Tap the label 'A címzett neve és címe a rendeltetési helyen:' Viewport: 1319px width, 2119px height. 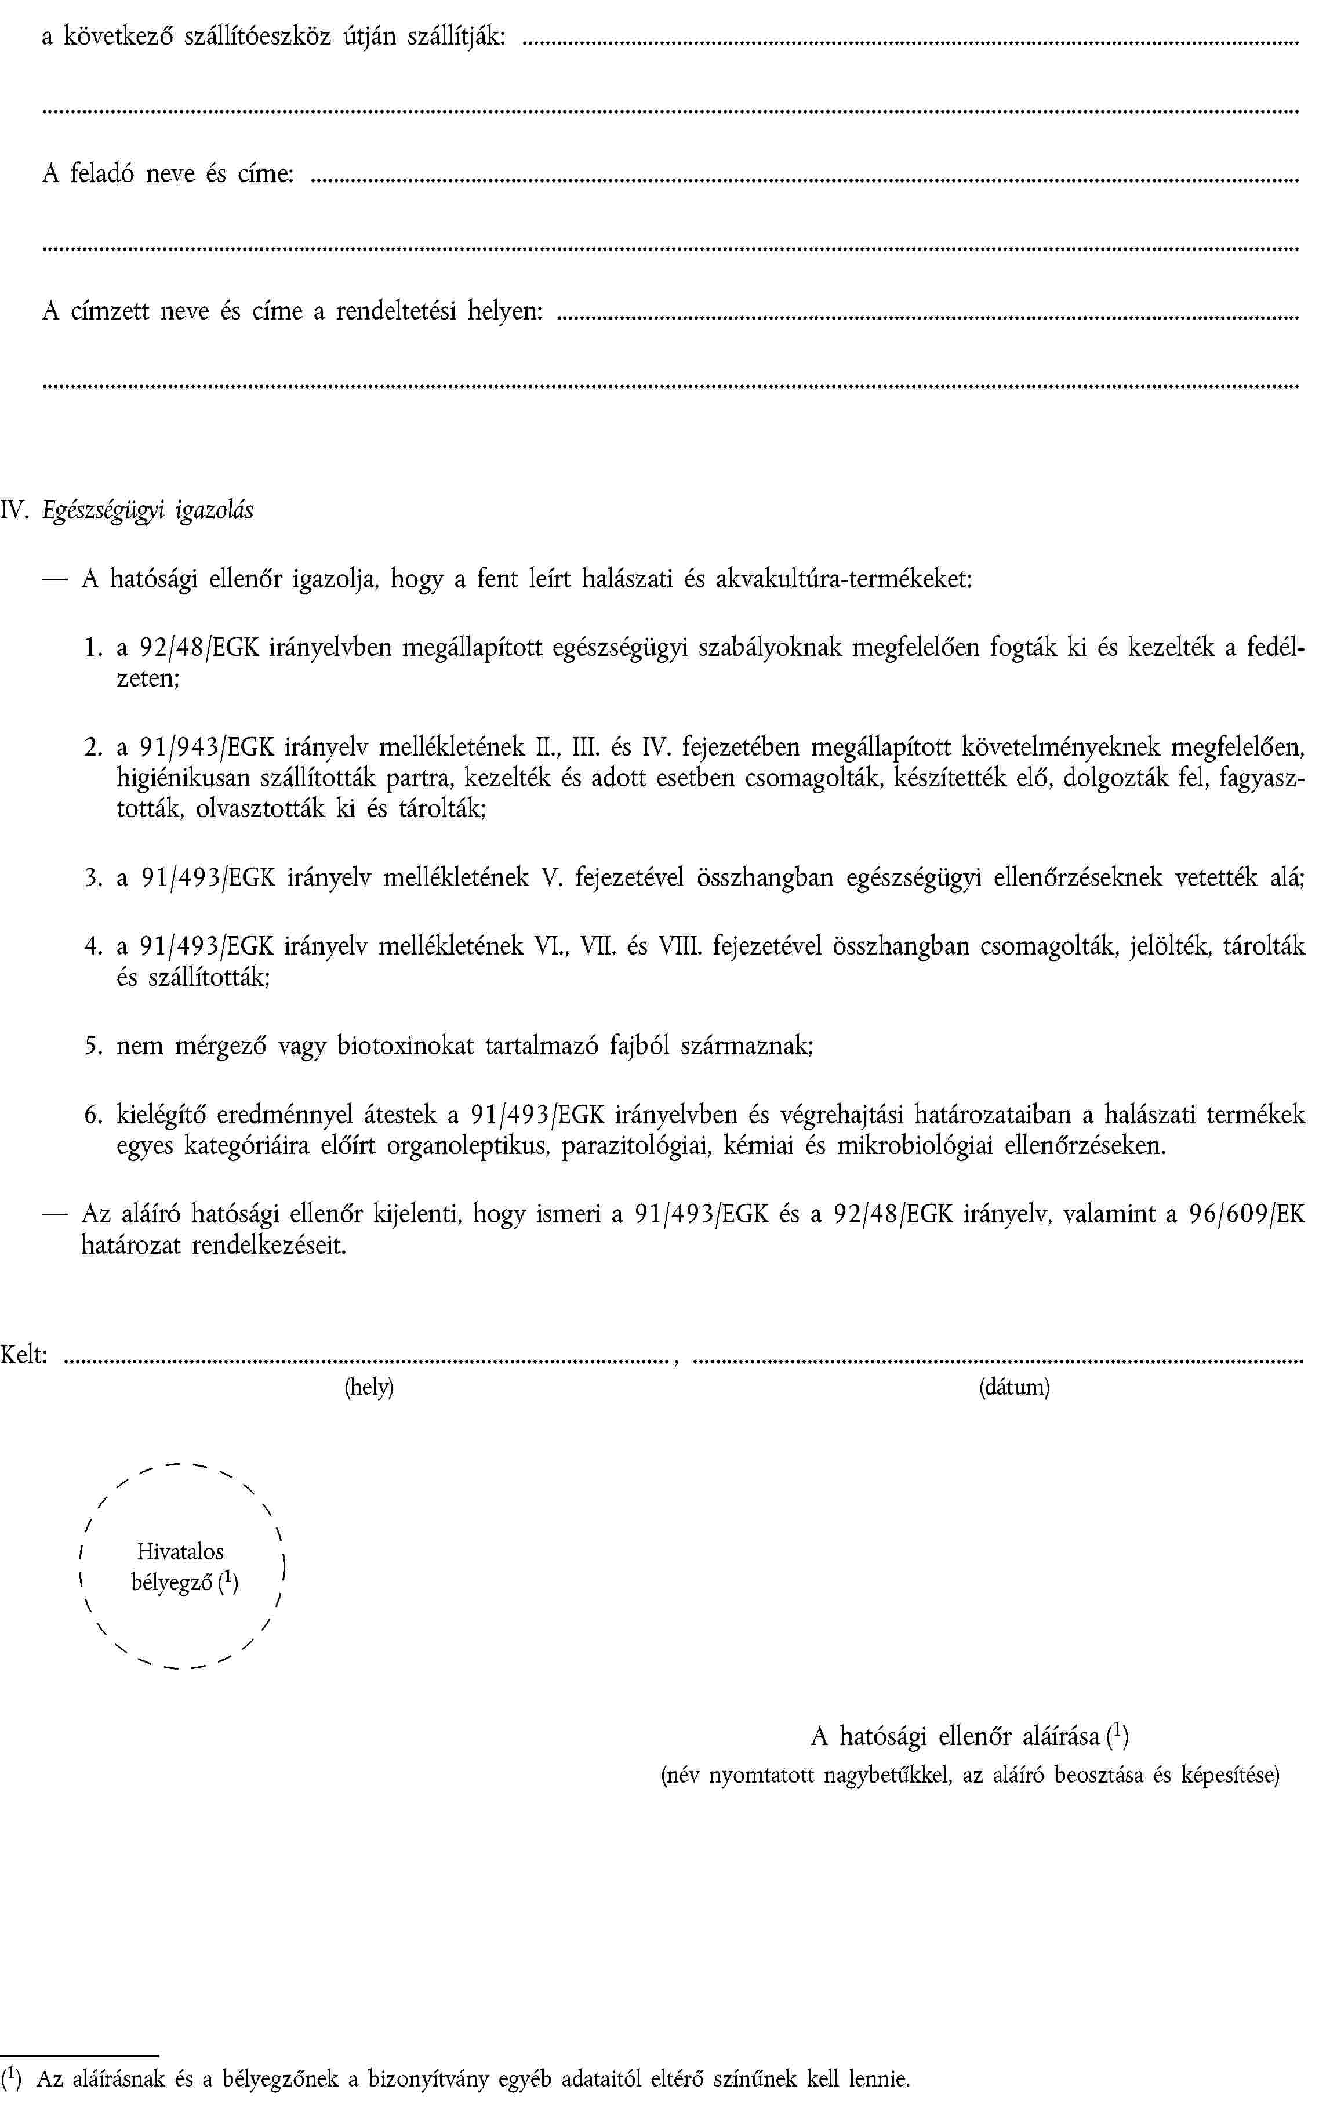click(292, 311)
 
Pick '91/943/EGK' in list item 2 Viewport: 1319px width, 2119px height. click(207, 747)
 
